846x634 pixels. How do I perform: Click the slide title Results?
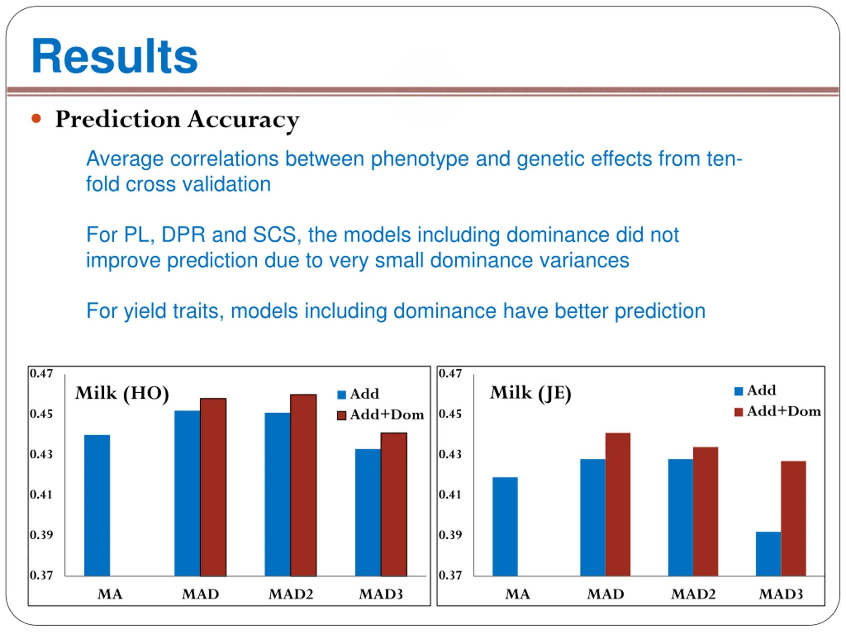click(114, 56)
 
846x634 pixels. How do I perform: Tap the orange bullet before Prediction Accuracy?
click(36, 119)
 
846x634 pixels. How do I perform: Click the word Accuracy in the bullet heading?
click(243, 120)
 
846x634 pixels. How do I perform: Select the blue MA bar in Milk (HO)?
click(97, 505)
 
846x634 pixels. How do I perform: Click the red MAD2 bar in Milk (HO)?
click(303, 485)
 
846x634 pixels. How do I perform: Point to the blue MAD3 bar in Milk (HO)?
click(367, 512)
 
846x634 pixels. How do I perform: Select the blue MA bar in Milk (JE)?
click(505, 526)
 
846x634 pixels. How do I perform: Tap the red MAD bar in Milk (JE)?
click(618, 504)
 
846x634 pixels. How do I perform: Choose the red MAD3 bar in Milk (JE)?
click(793, 518)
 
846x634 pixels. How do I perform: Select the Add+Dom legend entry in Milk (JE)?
click(778, 411)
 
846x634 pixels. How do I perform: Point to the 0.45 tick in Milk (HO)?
click(41, 414)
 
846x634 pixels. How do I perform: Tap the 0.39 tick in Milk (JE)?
click(450, 535)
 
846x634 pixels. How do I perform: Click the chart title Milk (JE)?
click(530, 393)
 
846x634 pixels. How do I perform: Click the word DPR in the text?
click(183, 235)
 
